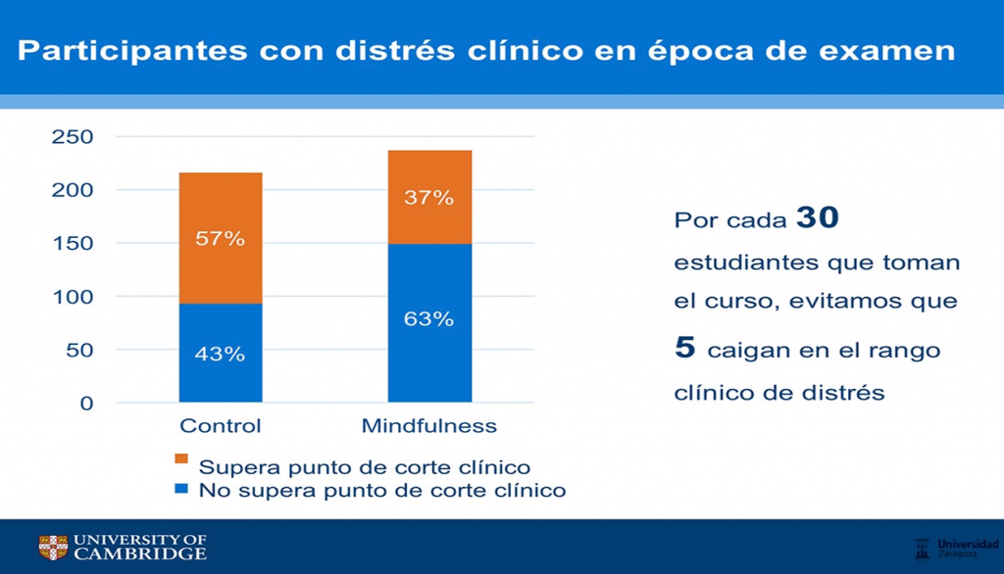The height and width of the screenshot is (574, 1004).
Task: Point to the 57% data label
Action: pyautogui.click(x=221, y=238)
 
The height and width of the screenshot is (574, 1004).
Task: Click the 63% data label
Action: pyautogui.click(x=429, y=319)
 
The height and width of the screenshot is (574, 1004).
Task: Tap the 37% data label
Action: pyautogui.click(x=429, y=198)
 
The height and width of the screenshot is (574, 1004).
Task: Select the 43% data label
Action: pyautogui.click(x=221, y=354)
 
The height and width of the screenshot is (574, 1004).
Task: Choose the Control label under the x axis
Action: pyautogui.click(x=221, y=426)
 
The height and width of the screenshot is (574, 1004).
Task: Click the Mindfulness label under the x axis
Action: pyautogui.click(x=429, y=426)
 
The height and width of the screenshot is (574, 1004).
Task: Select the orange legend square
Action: pyautogui.click(x=180, y=459)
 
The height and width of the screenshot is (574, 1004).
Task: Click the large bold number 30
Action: pyautogui.click(x=817, y=217)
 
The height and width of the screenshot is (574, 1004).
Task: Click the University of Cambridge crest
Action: pyautogui.click(x=53, y=548)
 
